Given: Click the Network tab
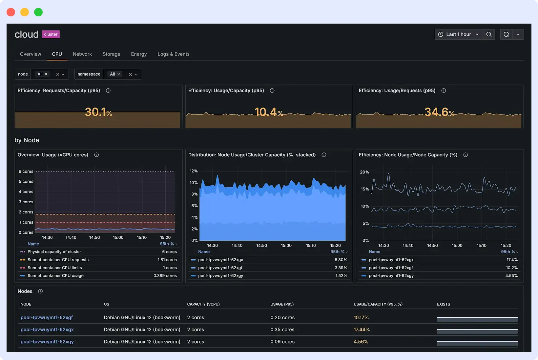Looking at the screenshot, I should [x=82, y=54].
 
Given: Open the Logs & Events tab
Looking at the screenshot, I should [x=173, y=54].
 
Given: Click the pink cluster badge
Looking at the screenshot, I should [x=51, y=34].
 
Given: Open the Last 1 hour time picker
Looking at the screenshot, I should [x=459, y=34].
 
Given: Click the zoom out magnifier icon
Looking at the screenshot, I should [x=489, y=34].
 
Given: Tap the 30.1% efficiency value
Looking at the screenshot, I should [x=98, y=112].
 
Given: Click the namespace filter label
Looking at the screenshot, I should [x=89, y=74].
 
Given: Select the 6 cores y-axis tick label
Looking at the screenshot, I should [x=26, y=171].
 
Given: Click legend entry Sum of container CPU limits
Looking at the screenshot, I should [x=55, y=268].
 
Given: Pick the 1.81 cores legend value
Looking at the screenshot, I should [x=167, y=260].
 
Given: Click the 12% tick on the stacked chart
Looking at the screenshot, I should [x=194, y=171].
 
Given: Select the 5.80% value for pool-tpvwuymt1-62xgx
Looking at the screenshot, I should [x=341, y=260].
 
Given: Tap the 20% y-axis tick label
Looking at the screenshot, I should [x=364, y=172].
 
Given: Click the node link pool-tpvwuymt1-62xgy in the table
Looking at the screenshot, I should [x=47, y=342].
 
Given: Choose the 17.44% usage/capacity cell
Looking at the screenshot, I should [x=362, y=330].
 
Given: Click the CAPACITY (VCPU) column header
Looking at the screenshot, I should [x=203, y=304].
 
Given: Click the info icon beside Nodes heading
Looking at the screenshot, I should [x=40, y=291].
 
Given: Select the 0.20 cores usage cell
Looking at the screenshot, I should [x=282, y=318].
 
